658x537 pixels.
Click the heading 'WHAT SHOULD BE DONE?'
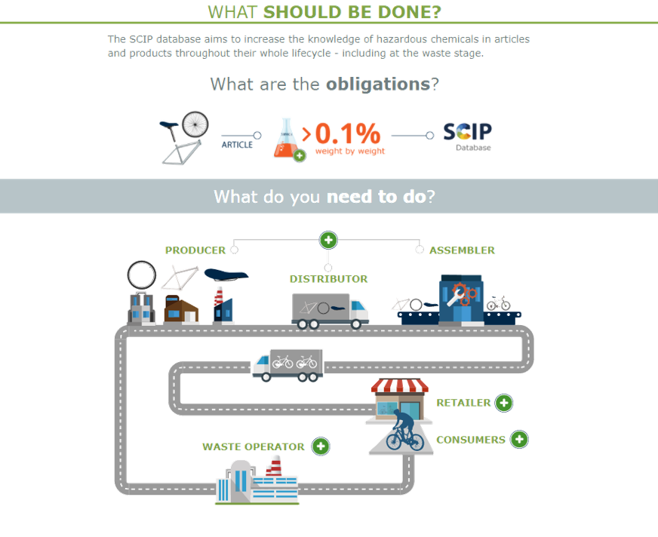(324, 12)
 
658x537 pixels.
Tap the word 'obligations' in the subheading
(377, 84)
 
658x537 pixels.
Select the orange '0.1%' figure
(346, 133)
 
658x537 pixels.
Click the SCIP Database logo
(467, 134)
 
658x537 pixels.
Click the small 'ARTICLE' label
(236, 144)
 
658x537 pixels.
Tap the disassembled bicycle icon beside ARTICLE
(183, 137)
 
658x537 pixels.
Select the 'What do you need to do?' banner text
(324, 196)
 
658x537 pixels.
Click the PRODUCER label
(195, 250)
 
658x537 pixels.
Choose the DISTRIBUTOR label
(328, 279)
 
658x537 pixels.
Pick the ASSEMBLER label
(462, 250)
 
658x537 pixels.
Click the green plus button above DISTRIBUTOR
(328, 240)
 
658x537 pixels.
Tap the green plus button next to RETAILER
(504, 403)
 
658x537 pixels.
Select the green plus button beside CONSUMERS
(519, 439)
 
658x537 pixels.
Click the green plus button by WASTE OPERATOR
(321, 446)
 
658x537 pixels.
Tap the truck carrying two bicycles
(287, 364)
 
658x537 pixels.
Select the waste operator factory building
(257, 483)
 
